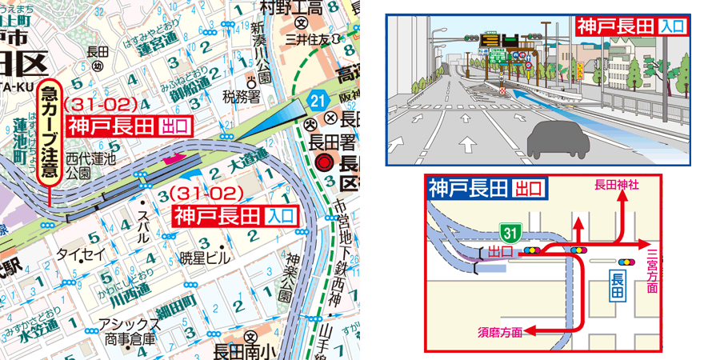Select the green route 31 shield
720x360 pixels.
(509, 231)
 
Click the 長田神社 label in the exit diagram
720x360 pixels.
(617, 184)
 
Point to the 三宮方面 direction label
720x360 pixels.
(653, 266)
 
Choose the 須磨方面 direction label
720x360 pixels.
(501, 330)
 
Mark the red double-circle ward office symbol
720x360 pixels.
(323, 163)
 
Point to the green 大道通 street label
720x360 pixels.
(247, 165)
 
